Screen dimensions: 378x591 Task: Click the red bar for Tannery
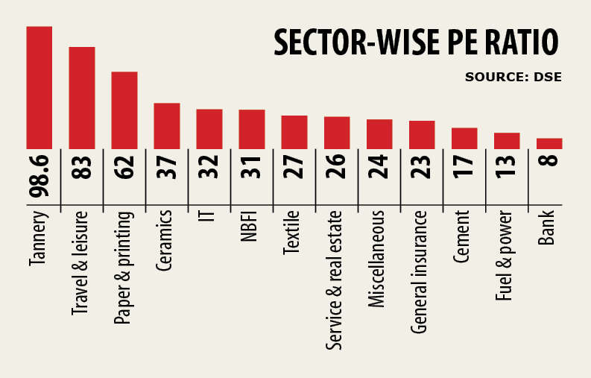coord(39,87)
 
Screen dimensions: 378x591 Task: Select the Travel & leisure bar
coord(82,98)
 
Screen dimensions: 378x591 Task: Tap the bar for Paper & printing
coord(124,110)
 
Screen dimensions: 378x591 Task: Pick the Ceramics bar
coord(167,126)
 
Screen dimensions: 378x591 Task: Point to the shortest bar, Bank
coord(549,143)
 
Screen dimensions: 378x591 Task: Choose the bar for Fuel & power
coord(507,141)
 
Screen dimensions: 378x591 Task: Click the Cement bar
coord(464,138)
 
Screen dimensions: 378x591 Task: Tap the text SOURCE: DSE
coord(513,77)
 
